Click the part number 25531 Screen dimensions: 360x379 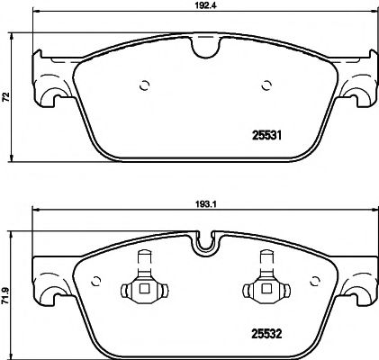pyautogui.click(x=264, y=137)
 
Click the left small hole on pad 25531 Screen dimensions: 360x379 pyautogui.click(x=144, y=86)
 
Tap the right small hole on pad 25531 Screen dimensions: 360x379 pyautogui.click(x=266, y=86)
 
